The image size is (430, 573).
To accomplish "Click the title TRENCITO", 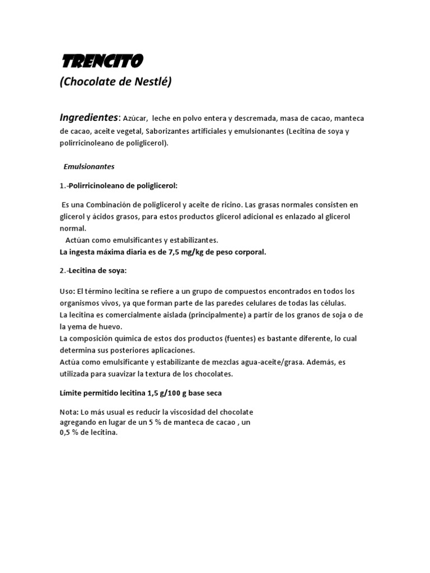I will (x=101, y=60).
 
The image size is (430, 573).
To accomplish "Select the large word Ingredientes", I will (x=89, y=118).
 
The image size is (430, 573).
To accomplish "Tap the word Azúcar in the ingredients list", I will (x=136, y=119).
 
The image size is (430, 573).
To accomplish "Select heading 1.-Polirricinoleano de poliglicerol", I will (x=121, y=185).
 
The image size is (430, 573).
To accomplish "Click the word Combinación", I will (x=106, y=205).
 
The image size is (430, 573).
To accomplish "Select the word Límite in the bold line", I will (x=71, y=393).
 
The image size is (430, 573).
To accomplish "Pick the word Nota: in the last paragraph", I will (x=69, y=412).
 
